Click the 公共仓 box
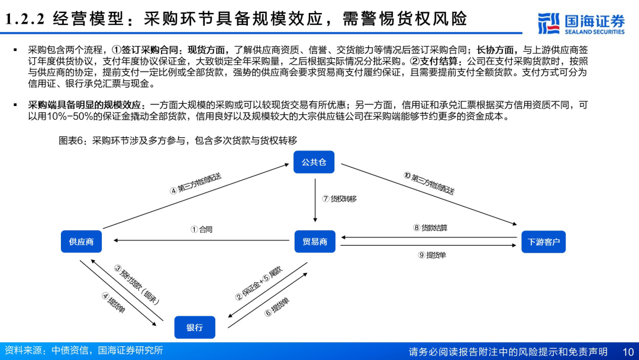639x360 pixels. [x=314, y=162]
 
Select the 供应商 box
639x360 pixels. [x=81, y=242]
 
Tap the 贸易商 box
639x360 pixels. [x=315, y=242]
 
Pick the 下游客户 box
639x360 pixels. [x=543, y=242]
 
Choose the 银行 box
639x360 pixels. [x=195, y=327]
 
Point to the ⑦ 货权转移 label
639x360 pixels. [x=340, y=199]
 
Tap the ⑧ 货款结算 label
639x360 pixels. [x=430, y=227]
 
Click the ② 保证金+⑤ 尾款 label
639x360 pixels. [x=259, y=283]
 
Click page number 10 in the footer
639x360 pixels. [x=627, y=352]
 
